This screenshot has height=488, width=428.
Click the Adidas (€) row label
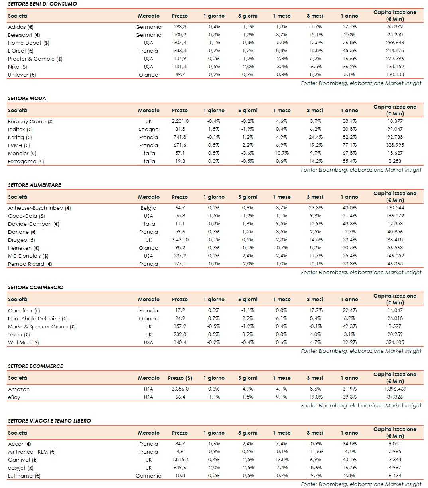[x=21, y=27]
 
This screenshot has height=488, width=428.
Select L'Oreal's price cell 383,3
[x=179, y=51]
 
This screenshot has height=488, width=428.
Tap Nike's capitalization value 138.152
[x=394, y=67]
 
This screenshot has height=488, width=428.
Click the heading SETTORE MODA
[x=27, y=98]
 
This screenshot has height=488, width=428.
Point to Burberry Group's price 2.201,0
[x=179, y=121]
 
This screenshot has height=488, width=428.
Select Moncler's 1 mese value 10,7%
[x=282, y=153]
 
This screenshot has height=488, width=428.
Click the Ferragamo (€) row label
[x=26, y=161]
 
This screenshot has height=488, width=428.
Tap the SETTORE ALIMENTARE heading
[x=34, y=185]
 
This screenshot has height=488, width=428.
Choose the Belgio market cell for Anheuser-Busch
[x=148, y=208]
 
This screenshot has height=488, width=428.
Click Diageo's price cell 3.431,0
[x=179, y=240]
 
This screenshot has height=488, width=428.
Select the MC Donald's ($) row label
[x=28, y=256]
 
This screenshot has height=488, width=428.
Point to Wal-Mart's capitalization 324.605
[x=394, y=342]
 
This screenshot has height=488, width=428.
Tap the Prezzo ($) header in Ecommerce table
[x=180, y=378]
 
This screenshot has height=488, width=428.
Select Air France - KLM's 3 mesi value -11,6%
[x=314, y=452]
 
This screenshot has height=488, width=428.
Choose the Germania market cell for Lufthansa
[x=148, y=476]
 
